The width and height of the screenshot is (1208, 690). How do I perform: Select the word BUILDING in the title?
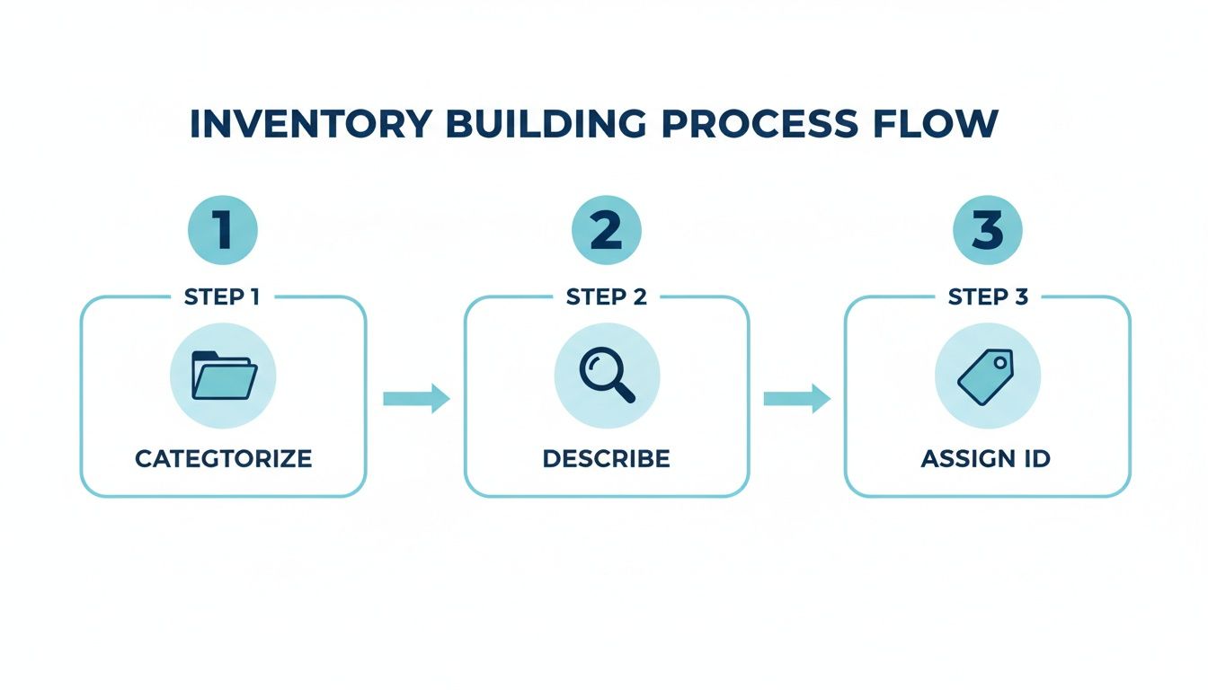[x=546, y=124]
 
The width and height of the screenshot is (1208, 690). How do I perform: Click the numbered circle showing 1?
[x=222, y=230]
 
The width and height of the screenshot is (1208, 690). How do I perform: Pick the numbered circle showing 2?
[x=607, y=230]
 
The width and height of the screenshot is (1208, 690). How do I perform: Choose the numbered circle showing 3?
[x=987, y=230]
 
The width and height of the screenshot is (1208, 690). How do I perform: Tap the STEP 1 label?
[x=222, y=297]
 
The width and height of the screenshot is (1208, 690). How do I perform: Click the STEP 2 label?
[x=607, y=297]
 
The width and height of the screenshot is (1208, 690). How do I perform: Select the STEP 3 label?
[x=988, y=297]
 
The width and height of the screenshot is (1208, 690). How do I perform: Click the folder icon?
[x=223, y=376]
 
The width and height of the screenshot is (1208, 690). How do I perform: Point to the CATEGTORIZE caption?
[x=223, y=458]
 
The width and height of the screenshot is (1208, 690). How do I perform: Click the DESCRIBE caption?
[x=607, y=458]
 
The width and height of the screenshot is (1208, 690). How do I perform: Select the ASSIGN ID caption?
[x=986, y=458]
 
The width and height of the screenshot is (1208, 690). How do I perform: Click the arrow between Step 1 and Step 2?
[x=415, y=398]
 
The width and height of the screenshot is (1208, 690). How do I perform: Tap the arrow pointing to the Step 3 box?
[x=796, y=398]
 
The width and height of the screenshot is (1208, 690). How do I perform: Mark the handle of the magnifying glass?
[x=625, y=393]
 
